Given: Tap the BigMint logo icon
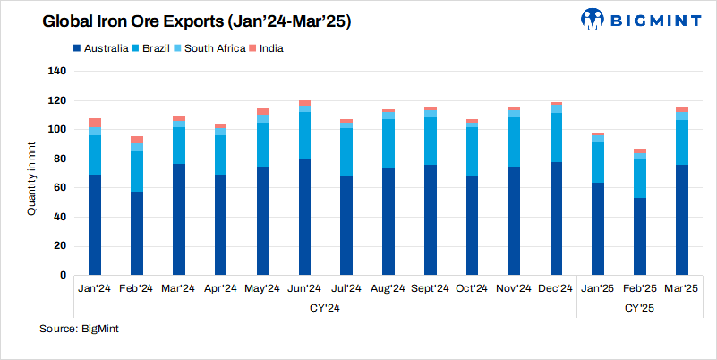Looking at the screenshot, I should (x=593, y=19).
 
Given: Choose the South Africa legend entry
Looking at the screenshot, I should (x=211, y=47).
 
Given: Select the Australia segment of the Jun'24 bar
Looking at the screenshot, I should (x=304, y=217).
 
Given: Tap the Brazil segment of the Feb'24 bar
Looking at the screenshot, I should (x=136, y=171).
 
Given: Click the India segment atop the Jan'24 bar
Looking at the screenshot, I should (x=95, y=122).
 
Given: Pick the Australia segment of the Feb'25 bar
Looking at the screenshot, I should (x=640, y=236).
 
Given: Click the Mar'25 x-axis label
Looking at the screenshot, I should (x=682, y=288).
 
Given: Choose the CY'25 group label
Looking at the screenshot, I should (x=639, y=307).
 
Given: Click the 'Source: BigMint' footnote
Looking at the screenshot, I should (x=79, y=330).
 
